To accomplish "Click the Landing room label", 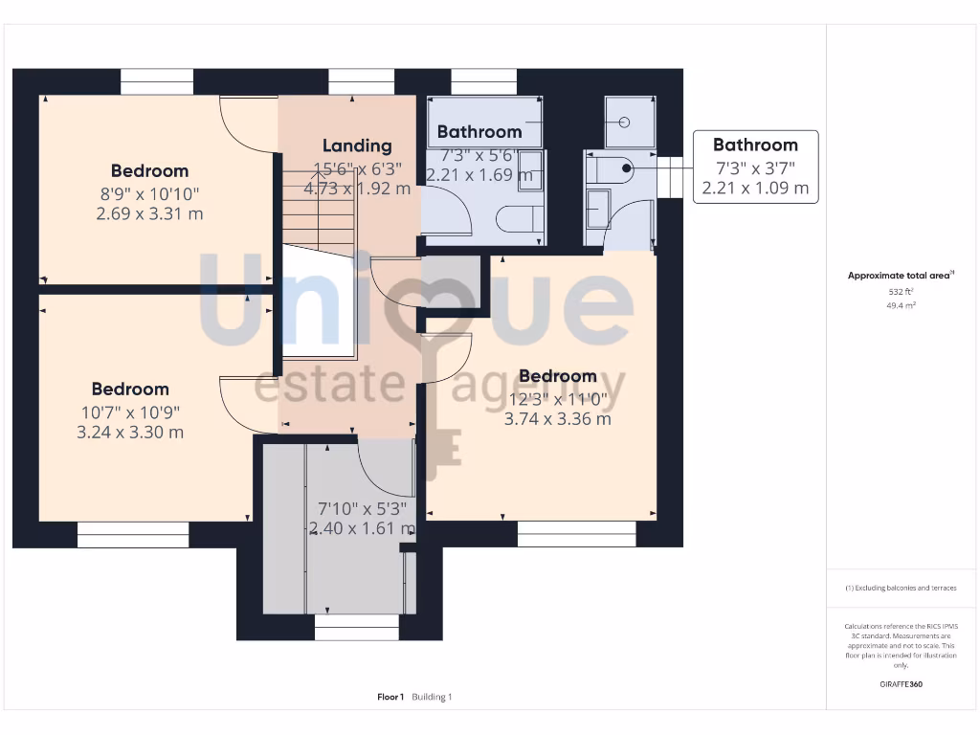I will (356, 145).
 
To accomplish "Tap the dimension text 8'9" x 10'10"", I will (149, 193).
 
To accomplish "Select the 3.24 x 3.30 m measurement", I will (130, 433).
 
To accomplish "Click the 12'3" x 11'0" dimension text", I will (557, 398).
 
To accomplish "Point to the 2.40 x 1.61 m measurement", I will (362, 528).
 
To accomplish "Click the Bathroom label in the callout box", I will (755, 145).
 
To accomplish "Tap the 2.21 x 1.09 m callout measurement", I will (755, 189).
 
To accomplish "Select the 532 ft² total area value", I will (902, 292).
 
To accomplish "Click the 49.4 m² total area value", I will (902, 306).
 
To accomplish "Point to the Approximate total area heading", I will (901, 276).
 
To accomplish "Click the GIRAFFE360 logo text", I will (902, 684).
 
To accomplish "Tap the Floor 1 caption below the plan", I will (390, 697).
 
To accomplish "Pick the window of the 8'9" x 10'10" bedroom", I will (157, 82).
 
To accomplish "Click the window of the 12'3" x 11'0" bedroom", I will (576, 534).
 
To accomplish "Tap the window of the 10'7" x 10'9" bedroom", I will (132, 535).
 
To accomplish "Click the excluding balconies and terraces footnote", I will (901, 588).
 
